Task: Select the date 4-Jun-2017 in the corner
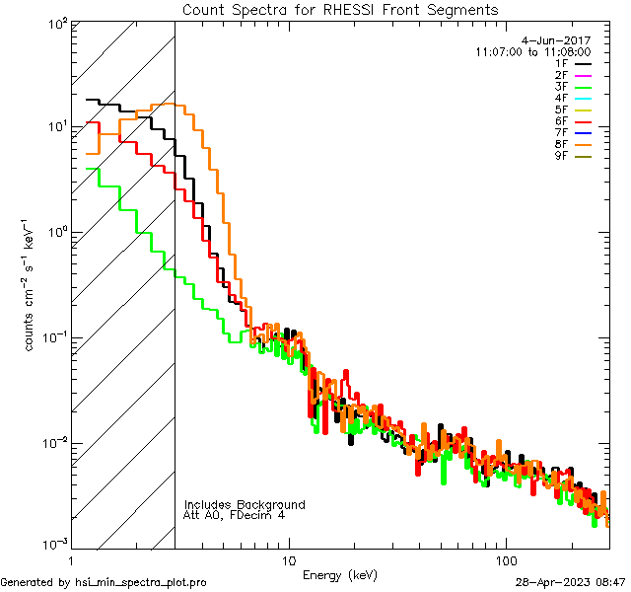pos(555,40)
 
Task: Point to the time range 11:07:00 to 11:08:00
pos(532,51)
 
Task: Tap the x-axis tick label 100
pos(505,560)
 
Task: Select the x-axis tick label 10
pos(288,560)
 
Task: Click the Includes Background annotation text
pos(245,504)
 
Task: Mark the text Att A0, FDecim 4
pos(235,515)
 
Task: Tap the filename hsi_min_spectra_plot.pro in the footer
pos(141,582)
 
